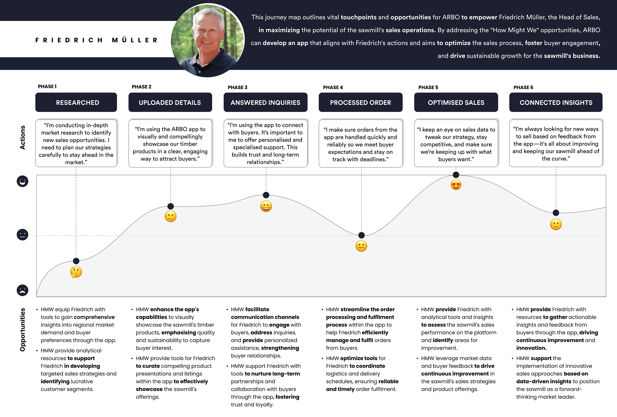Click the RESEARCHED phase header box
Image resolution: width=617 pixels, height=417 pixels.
click(x=76, y=102)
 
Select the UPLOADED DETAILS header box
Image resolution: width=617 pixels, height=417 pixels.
click(x=170, y=102)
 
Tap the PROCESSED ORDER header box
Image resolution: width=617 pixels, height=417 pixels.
click(x=360, y=102)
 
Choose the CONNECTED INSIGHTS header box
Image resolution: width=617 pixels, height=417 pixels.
click(x=556, y=102)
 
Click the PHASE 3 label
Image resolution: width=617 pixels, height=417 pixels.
click(x=237, y=87)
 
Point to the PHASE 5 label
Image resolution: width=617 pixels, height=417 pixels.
click(x=428, y=87)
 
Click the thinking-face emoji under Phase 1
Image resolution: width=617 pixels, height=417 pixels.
click(x=76, y=272)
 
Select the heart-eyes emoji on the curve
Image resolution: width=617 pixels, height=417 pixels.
click(x=456, y=185)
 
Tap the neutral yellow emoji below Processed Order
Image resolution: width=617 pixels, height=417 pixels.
click(x=361, y=246)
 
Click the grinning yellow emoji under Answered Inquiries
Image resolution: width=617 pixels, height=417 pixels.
click(x=266, y=206)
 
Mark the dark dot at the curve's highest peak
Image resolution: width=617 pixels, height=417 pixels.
click(x=456, y=175)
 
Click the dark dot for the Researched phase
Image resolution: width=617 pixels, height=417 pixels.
click(x=76, y=261)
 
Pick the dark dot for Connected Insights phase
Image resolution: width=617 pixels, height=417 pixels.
click(x=556, y=213)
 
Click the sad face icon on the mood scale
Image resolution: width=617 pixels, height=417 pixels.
click(x=23, y=290)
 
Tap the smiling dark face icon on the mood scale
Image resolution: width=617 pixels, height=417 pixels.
click(x=23, y=181)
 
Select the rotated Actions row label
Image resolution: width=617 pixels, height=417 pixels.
click(x=23, y=137)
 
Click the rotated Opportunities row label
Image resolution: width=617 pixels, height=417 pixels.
click(x=23, y=330)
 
